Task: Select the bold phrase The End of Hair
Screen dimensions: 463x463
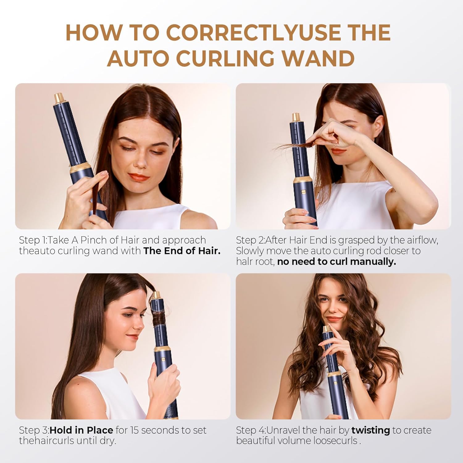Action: pos(182,251)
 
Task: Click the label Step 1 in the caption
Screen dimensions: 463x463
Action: pos(32,240)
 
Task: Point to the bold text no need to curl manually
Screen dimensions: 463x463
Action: pos(336,262)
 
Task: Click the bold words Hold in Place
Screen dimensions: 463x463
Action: pos(81,430)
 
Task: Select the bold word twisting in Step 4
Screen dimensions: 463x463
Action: pos(370,430)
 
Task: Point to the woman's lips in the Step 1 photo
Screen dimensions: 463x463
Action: pos(138,177)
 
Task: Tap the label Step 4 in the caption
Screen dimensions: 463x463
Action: pos(249,430)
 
